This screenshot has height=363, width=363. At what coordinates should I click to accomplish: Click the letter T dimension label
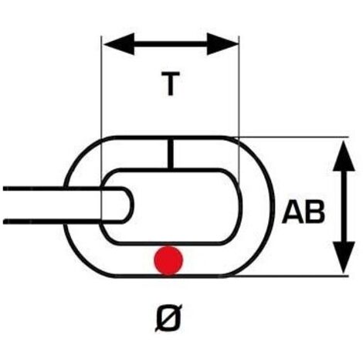pos(170,84)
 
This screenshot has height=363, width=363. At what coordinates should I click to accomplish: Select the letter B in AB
pos(315,212)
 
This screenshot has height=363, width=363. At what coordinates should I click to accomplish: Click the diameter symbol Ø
pos(168,317)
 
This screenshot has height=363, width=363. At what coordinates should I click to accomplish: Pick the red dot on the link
pos(168,260)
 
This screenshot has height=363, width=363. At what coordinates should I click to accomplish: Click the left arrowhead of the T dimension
pos(119,44)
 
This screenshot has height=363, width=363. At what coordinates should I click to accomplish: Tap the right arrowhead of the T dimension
pos(222,44)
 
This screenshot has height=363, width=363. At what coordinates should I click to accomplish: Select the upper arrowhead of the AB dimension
pos(344,156)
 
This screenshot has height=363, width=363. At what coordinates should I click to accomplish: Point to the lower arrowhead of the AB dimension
pos(344,257)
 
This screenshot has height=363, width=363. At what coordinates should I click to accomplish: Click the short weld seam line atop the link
pos(170,154)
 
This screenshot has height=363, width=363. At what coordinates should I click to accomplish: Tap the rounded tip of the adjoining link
pos(129,205)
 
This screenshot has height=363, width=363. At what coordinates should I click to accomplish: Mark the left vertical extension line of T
pos(101,128)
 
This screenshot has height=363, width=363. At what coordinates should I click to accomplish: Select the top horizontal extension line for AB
pos(292,137)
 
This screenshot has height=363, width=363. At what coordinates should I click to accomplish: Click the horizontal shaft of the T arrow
pos(171,44)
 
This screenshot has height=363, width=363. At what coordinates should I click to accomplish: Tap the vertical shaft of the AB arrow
pos(344,206)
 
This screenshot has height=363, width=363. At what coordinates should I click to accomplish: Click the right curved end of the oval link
pos(268,206)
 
